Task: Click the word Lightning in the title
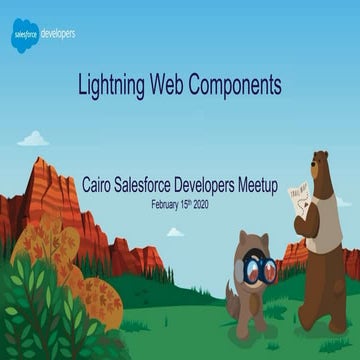tap(111, 87)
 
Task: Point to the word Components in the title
tap(239, 87)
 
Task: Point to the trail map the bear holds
tap(298, 195)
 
